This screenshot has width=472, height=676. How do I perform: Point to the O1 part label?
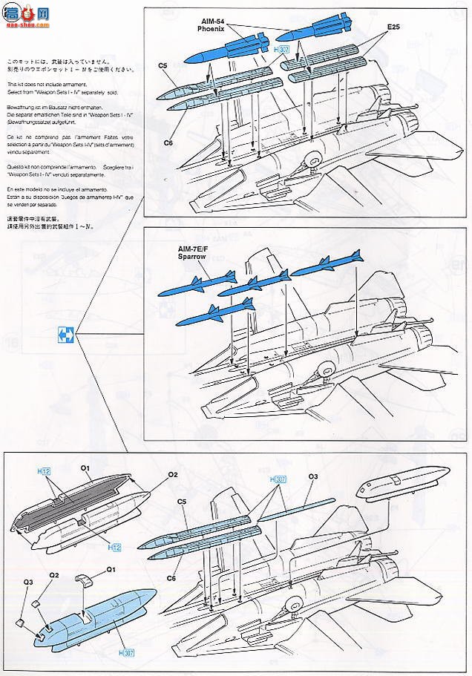(x=85, y=468)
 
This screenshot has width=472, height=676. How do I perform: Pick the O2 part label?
(x=172, y=475)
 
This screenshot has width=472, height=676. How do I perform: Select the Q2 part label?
(x=54, y=574)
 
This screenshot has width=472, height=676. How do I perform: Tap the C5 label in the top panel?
(x=163, y=65)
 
